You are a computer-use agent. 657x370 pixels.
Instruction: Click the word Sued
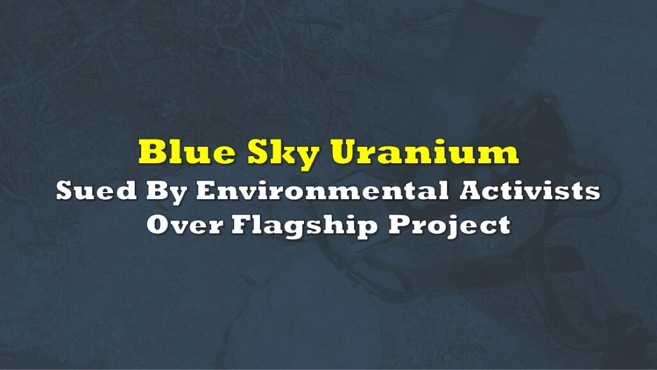point(96,191)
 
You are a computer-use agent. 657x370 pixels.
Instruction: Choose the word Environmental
point(322,191)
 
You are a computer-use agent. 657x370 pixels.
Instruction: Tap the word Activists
point(529,191)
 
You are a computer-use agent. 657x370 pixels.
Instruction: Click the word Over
point(185,224)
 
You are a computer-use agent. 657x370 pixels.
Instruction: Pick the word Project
point(449,227)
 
